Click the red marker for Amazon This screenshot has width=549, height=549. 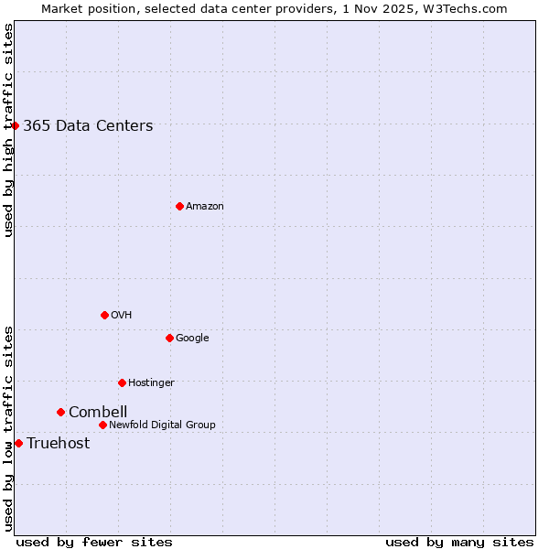point(179,206)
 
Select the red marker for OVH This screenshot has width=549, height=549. point(104,315)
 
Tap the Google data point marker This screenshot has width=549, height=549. point(169,338)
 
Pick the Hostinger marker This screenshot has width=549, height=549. point(122,382)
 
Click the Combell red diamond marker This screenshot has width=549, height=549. point(60,412)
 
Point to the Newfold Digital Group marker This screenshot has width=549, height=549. point(102,425)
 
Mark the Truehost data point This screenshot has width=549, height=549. point(18,443)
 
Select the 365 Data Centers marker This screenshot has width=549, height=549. point(16,125)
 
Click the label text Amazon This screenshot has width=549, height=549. point(205,207)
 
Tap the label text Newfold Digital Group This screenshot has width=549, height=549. point(162,425)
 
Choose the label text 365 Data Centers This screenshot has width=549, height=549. point(88,126)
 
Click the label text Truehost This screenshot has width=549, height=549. point(59,444)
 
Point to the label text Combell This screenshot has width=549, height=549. point(98,412)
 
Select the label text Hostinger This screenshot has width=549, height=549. point(151,382)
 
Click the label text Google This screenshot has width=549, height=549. point(192,339)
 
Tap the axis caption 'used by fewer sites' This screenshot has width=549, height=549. point(94,542)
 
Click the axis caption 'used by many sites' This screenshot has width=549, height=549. point(459,542)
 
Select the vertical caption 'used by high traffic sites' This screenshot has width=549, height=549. point(9,130)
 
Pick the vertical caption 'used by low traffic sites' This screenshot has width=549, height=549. point(9,428)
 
